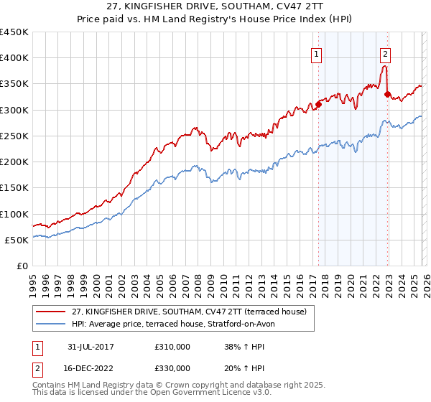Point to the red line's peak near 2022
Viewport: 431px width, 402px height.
tap(385, 67)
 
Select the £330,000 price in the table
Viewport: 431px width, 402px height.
tap(172, 368)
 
